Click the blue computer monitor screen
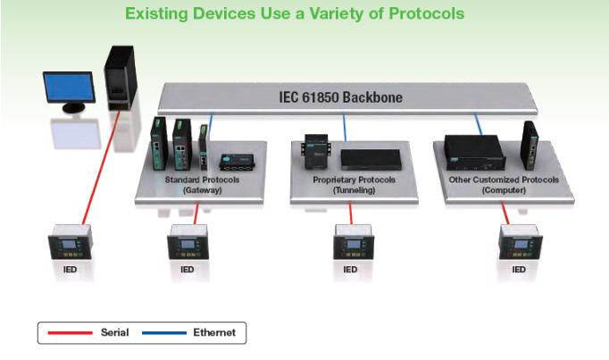click(x=69, y=87)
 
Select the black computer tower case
click(x=121, y=79)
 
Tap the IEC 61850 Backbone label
click(x=340, y=97)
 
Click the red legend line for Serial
click(x=70, y=333)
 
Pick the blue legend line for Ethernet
click(x=164, y=333)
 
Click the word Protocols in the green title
click(x=427, y=13)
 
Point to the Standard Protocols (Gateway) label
click(x=202, y=185)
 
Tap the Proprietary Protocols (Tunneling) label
click(x=354, y=185)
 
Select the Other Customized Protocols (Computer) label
click(x=504, y=185)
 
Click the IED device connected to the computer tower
click(x=70, y=242)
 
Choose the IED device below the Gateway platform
click(x=188, y=242)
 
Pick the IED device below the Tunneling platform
click(x=354, y=242)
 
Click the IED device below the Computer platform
click(x=521, y=242)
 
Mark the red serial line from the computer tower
click(x=101, y=168)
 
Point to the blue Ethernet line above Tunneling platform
click(x=345, y=128)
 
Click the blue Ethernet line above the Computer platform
click(x=478, y=124)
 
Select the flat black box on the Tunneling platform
click(x=371, y=160)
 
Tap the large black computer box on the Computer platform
click(x=475, y=153)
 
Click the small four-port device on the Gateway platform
click(x=237, y=162)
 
